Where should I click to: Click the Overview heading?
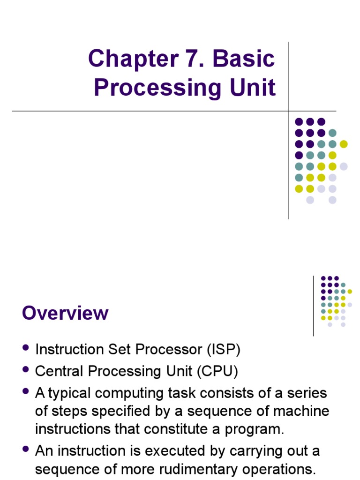[65, 313]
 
